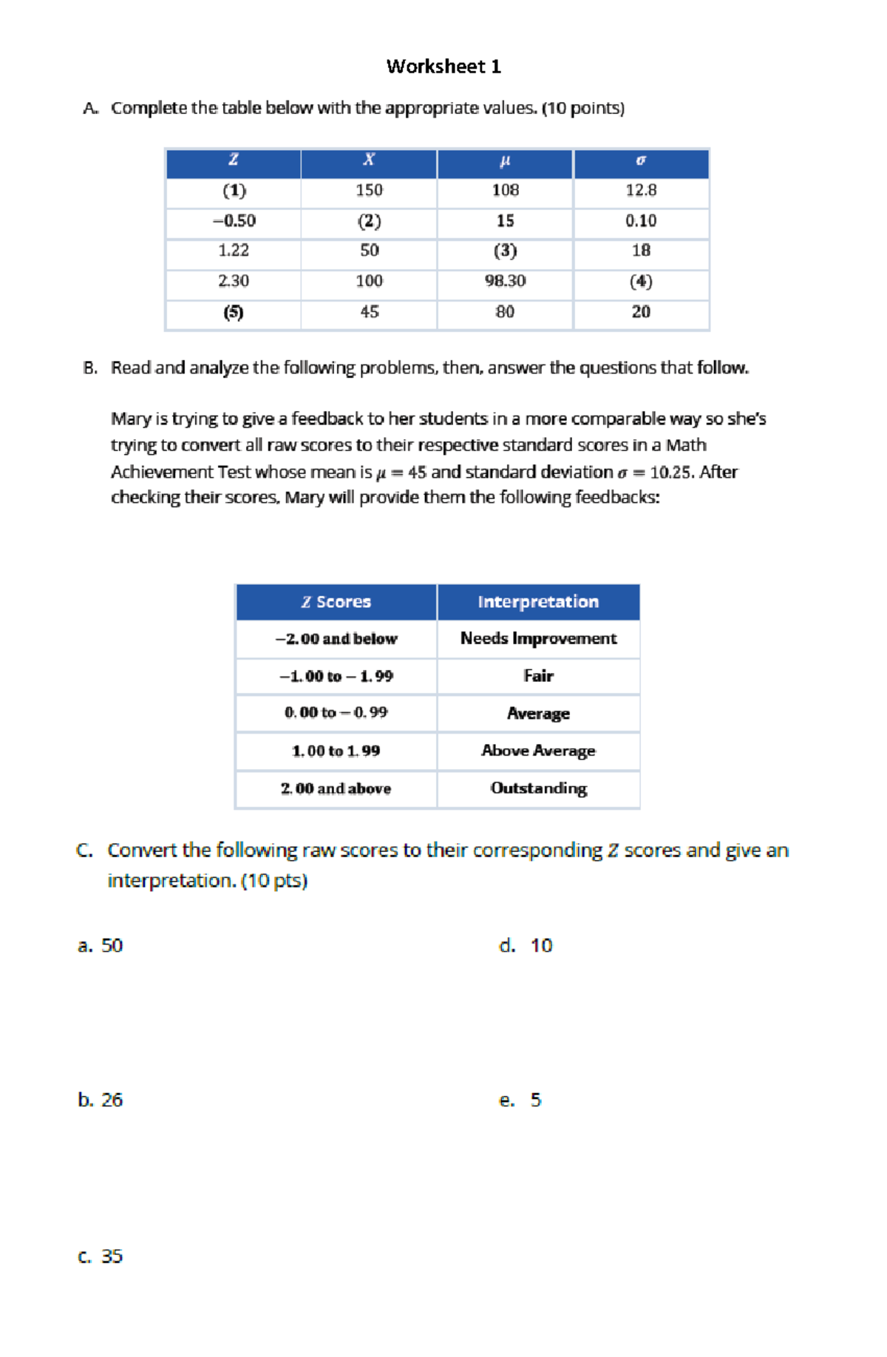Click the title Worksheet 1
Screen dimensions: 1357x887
click(x=443, y=67)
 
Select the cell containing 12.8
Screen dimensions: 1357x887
click(x=641, y=191)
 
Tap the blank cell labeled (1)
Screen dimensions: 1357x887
click(x=234, y=191)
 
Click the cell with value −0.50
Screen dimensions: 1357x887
click(x=234, y=221)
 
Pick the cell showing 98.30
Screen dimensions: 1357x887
click(x=505, y=281)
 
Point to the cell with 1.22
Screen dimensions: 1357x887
click(x=234, y=251)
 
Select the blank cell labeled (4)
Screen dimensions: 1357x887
click(x=641, y=281)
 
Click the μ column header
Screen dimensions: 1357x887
click(x=505, y=160)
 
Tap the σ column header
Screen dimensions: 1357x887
click(x=641, y=160)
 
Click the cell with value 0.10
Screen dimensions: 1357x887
click(x=641, y=221)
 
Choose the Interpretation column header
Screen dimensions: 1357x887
click(x=538, y=602)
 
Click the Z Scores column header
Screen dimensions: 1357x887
click(x=336, y=602)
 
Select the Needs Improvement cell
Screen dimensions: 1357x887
click(x=538, y=638)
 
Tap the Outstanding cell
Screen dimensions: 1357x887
click(x=538, y=788)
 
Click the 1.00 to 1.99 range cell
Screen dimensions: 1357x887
click(x=336, y=751)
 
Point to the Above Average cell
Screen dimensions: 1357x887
click(x=538, y=751)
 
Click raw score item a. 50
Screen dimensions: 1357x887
click(x=101, y=946)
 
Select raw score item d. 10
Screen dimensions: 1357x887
click(x=526, y=946)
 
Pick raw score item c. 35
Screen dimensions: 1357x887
click(x=101, y=1256)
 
